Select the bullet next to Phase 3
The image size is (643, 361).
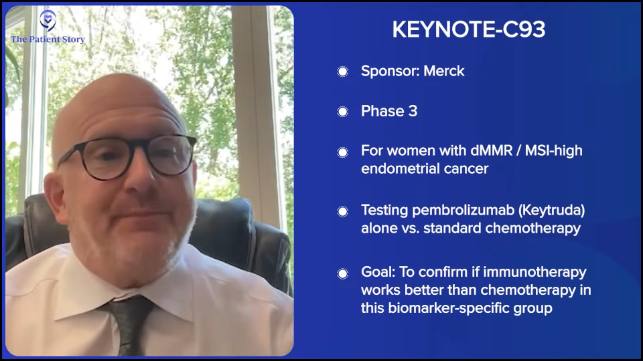tap(343, 112)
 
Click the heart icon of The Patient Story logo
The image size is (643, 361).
tap(48, 20)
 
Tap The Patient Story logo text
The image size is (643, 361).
tap(48, 39)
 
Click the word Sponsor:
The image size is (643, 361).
tap(390, 72)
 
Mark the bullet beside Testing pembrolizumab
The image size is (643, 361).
tap(343, 211)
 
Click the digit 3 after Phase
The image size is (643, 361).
tap(413, 111)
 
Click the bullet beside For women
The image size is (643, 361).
tap(343, 152)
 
